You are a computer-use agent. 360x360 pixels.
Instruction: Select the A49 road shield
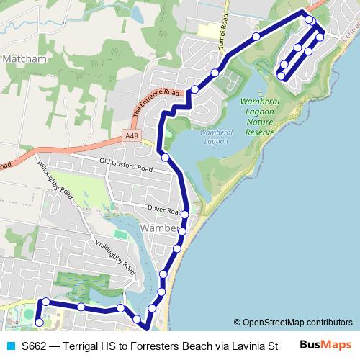point(131,135)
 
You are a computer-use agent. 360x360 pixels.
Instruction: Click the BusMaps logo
point(325,344)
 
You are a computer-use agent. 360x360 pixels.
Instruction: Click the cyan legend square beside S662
point(9,345)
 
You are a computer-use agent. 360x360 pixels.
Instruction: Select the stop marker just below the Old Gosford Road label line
point(166,157)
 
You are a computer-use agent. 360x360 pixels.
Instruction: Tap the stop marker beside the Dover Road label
point(185,215)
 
